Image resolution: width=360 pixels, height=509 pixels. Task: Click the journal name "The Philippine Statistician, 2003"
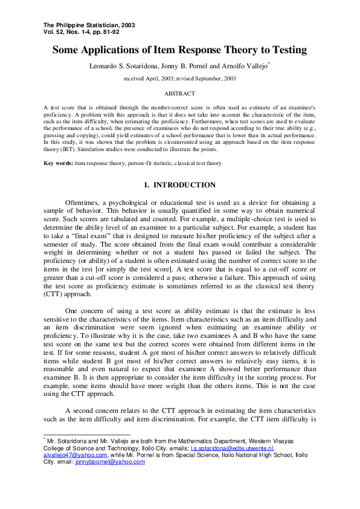[89, 25]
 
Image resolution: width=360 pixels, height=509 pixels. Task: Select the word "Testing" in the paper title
[285, 50]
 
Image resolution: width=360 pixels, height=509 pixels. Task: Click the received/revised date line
[179, 79]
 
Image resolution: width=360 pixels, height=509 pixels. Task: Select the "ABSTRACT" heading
[179, 94]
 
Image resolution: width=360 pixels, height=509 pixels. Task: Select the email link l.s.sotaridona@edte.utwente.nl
[232, 449]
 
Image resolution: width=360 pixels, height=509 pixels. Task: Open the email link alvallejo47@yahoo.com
[75, 455]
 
